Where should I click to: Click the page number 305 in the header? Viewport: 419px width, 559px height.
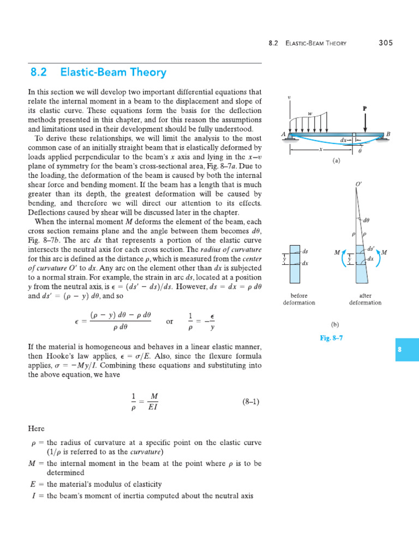385,43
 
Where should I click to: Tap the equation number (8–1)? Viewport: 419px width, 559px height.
250,402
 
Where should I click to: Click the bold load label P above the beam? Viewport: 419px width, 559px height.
365,109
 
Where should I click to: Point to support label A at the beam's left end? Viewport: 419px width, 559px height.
283,134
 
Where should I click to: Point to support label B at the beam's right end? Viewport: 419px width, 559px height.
388,134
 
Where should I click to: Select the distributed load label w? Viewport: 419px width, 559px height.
310,114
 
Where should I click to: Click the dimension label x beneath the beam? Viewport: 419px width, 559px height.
322,148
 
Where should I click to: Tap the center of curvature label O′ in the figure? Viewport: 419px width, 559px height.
358,185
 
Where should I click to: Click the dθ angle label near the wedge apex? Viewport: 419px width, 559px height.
367,221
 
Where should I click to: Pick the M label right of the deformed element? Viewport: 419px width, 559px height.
384,252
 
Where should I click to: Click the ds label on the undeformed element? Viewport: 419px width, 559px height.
305,251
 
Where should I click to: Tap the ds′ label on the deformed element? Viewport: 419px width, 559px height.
371,248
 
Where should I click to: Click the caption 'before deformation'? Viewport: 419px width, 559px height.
296,299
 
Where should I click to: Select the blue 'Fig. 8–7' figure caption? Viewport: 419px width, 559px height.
331,338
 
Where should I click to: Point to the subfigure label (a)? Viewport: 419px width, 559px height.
336,162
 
